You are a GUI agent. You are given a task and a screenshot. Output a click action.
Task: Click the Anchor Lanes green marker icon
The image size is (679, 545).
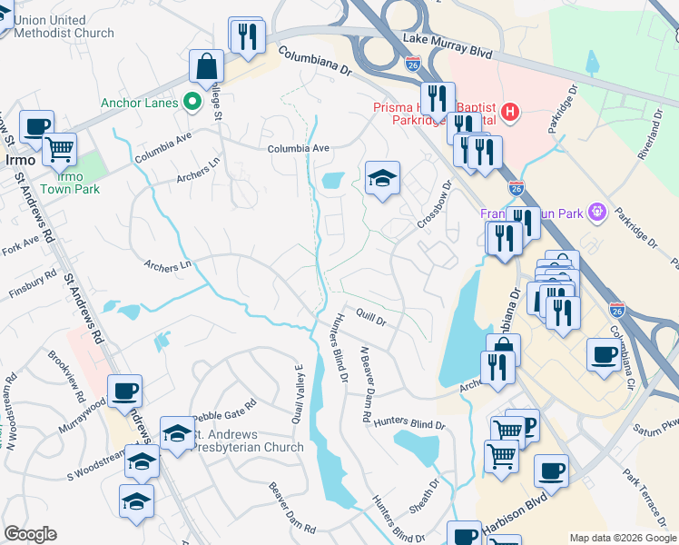192,102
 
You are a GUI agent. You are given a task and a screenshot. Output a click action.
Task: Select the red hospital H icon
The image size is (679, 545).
510,114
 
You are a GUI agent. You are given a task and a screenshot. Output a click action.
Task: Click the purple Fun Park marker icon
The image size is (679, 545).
596,213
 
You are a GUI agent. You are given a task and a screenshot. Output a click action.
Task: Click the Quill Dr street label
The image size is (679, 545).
371,320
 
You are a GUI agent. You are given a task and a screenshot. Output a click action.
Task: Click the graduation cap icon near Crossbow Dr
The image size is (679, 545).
382,178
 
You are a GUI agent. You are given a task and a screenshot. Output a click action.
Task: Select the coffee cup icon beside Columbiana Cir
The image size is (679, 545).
604,354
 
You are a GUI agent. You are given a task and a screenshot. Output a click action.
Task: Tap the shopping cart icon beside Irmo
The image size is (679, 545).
60,148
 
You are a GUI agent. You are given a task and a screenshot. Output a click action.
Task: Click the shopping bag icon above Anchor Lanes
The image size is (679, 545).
206,66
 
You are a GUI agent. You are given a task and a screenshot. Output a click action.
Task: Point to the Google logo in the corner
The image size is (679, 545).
30,534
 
